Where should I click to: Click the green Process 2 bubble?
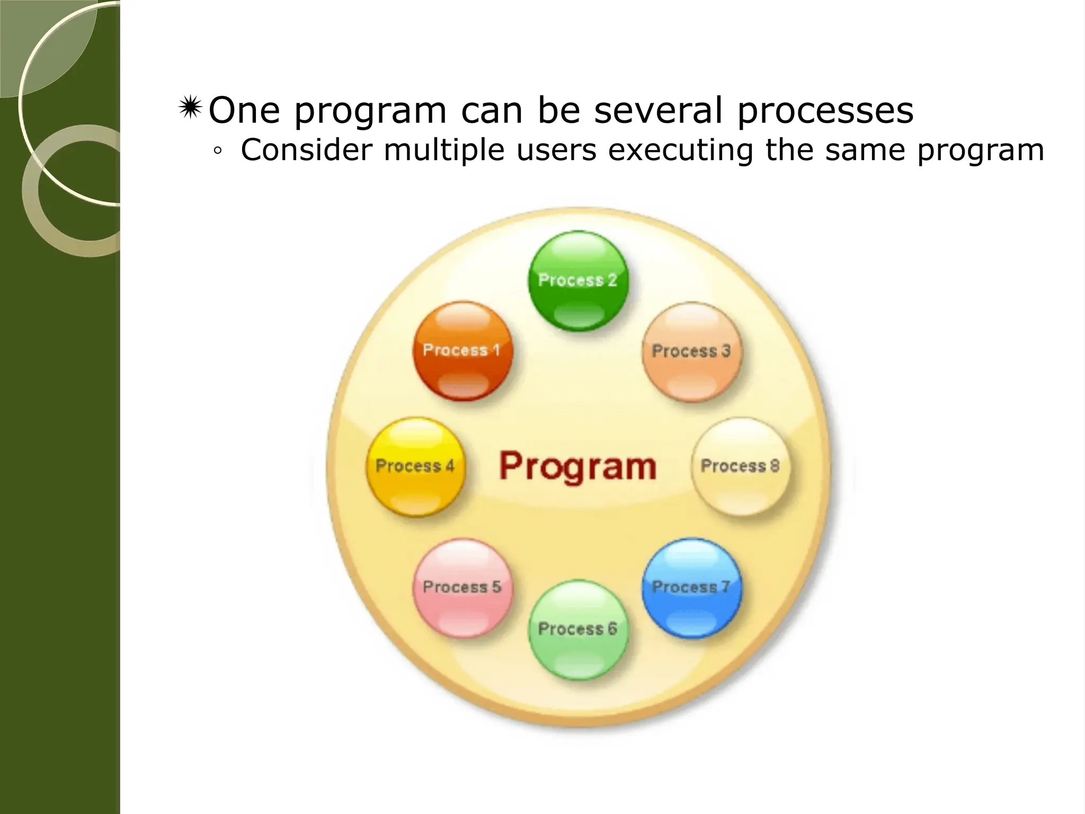(578, 280)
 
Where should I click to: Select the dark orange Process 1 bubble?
(463, 350)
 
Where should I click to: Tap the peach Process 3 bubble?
(691, 351)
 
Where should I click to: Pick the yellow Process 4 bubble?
(415, 466)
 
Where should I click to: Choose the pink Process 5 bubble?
(463, 587)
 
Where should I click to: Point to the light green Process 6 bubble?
(578, 629)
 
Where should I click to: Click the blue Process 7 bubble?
(691, 587)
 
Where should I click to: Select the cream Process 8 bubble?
(740, 466)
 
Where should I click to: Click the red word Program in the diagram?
(577, 466)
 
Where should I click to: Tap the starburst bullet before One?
(190, 109)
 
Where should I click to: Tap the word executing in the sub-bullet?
(680, 151)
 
